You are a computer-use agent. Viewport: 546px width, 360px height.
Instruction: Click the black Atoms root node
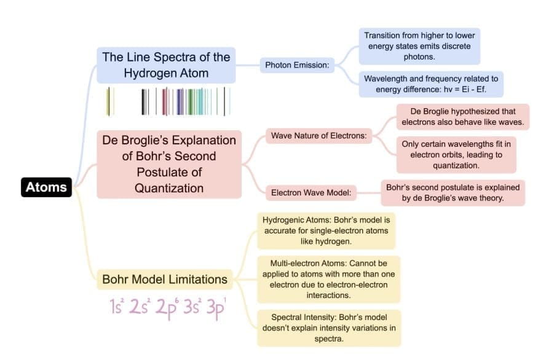(46, 187)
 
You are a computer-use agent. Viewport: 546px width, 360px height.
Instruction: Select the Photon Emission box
(297, 65)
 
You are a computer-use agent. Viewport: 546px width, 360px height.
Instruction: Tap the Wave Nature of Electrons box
(318, 136)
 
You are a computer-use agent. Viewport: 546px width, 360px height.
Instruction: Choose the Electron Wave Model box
(311, 193)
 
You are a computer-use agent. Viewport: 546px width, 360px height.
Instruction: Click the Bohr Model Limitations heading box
(165, 280)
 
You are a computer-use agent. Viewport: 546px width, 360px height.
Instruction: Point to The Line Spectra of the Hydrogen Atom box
(166, 65)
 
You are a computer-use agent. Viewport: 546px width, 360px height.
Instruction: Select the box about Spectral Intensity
(329, 328)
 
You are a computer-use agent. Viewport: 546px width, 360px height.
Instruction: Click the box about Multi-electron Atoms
(329, 280)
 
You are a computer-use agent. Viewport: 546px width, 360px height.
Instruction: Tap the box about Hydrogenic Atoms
(326, 230)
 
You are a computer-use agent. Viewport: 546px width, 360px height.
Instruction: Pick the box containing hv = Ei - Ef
(431, 84)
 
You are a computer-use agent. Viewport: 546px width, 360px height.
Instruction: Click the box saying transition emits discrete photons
(419, 46)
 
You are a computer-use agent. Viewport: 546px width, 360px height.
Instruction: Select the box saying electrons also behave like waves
(463, 117)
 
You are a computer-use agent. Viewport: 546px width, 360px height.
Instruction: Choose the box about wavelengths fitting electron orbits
(456, 155)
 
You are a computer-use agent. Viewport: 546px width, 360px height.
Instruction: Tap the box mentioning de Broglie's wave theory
(453, 193)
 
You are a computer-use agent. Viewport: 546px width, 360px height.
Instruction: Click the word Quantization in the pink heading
(169, 188)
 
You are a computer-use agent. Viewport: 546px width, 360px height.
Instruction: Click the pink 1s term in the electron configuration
(117, 306)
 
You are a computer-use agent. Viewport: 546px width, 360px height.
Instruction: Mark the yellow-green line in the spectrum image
(109, 101)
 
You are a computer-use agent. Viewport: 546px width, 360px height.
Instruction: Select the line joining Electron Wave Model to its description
(369, 193)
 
